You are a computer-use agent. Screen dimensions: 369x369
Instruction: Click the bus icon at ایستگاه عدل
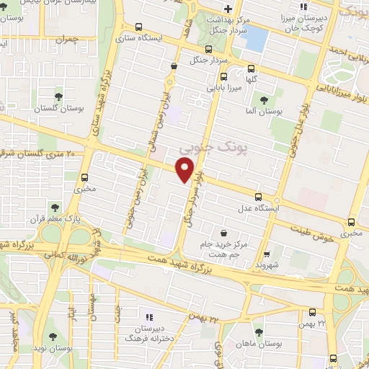point(258,196)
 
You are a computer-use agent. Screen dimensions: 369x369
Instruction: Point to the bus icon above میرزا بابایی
point(223,76)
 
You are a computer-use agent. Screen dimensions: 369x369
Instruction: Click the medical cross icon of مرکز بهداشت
point(228,9)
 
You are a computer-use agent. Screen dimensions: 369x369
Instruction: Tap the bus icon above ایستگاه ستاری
point(146,25)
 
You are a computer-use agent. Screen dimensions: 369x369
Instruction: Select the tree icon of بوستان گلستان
point(58,95)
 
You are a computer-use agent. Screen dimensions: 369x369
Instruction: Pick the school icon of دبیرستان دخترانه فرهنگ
point(149,317)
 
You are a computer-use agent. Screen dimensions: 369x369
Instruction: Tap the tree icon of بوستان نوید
point(52,336)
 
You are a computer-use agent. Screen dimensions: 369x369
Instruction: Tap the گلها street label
point(252,79)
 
